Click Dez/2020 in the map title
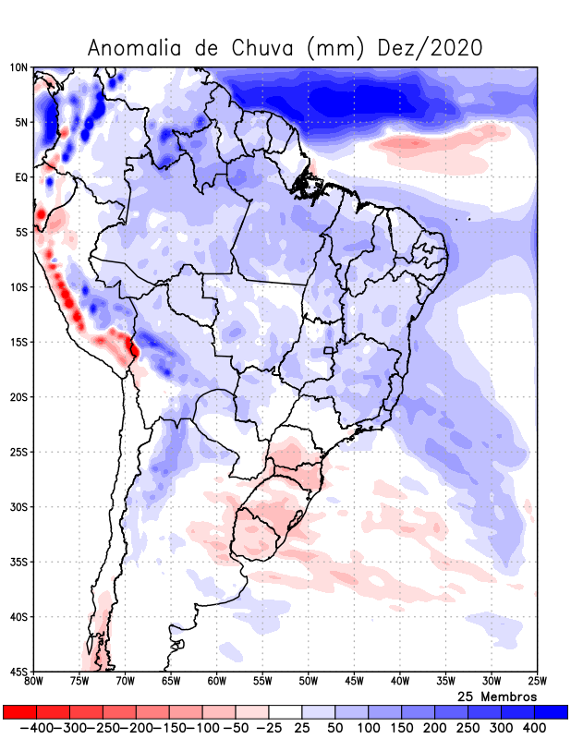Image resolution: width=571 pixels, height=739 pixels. click(431, 48)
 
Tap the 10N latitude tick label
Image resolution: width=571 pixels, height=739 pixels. click(18, 67)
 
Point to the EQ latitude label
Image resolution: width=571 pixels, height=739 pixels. click(19, 177)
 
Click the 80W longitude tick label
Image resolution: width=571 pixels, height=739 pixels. click(33, 682)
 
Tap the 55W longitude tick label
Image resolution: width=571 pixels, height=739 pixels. click(262, 682)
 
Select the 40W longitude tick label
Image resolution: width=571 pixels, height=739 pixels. click(399, 682)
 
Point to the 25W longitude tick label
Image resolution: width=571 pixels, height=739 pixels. click(536, 682)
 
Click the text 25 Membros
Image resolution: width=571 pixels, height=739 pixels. click(497, 696)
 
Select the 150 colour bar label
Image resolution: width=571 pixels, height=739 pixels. click(401, 729)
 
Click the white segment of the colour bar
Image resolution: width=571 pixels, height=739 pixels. click(285, 712)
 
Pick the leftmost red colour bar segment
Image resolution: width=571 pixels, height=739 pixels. click(19, 712)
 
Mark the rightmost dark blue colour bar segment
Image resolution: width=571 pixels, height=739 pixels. click(551, 712)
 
